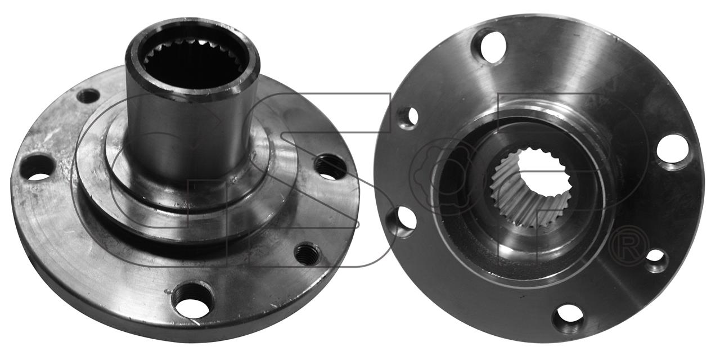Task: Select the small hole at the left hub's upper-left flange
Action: (87, 96)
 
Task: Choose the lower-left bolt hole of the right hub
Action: (402, 222)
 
